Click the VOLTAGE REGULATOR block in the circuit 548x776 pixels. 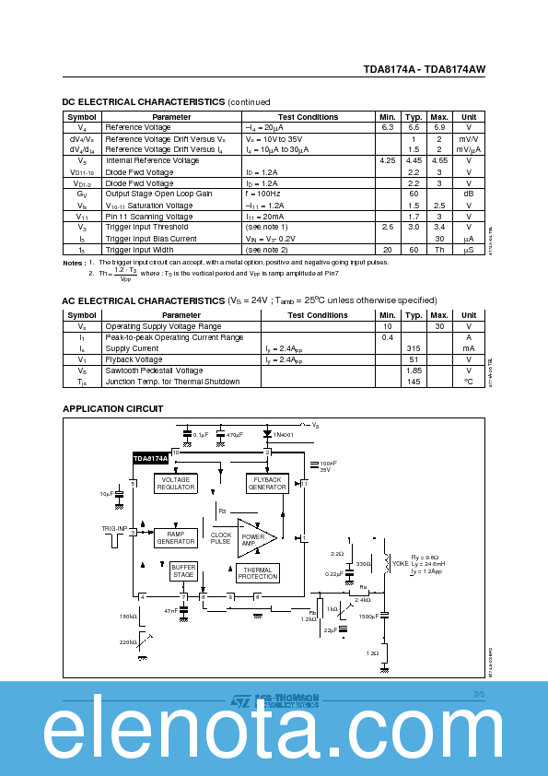tap(175, 484)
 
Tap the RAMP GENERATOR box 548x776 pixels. tap(175, 537)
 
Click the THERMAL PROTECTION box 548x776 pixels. tap(257, 573)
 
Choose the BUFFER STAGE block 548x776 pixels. tap(183, 571)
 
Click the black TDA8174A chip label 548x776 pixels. tap(150, 457)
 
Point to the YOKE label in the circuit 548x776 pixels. tap(400, 563)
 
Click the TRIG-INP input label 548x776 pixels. tap(115, 529)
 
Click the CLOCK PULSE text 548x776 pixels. tap(221, 538)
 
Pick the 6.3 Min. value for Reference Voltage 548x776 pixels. tap(387, 127)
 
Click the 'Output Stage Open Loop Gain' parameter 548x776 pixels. tap(158, 194)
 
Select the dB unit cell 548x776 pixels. tap(469, 194)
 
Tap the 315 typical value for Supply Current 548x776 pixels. tap(414, 348)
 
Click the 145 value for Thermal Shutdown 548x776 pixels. tap(414, 382)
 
